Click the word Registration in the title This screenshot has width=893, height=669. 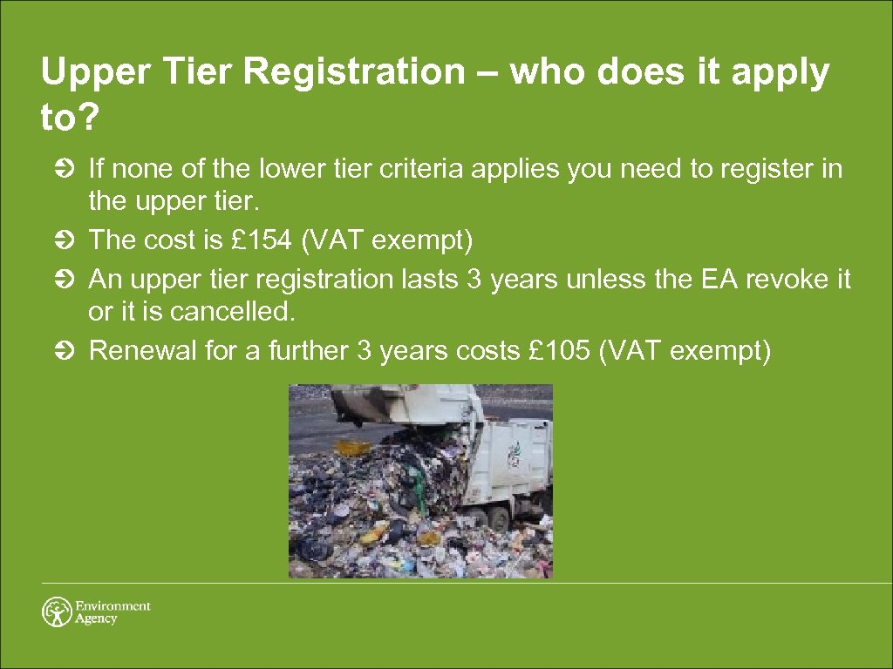click(354, 73)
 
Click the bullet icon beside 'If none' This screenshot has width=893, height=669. click(72, 168)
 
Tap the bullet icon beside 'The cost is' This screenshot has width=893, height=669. click(72, 240)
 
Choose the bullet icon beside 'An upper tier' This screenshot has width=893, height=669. click(72, 280)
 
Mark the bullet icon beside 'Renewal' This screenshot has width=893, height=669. click(72, 351)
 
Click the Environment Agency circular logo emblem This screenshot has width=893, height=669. click(58, 612)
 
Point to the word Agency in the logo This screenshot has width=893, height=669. click(96, 619)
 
